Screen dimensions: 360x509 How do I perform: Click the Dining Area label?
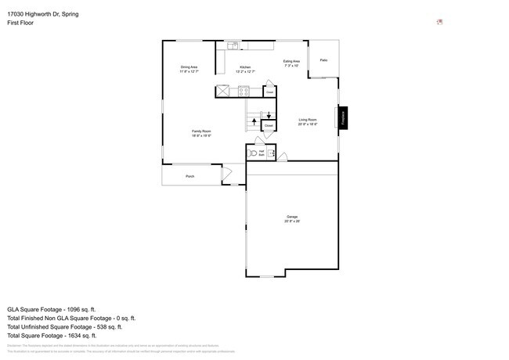(189, 70)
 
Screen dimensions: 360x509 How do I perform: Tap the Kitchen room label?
(245, 70)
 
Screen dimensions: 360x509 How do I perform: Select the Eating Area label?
(291, 63)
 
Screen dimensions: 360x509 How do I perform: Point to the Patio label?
(323, 60)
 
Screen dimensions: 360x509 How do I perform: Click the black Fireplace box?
(342, 117)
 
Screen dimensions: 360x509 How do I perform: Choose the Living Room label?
(307, 121)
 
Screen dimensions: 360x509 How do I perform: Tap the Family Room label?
(202, 133)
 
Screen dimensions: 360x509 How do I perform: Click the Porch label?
(190, 177)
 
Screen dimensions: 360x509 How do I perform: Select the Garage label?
(291, 218)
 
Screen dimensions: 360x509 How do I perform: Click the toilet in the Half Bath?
(252, 153)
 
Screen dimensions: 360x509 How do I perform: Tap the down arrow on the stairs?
(269, 116)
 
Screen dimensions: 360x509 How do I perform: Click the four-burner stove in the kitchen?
(244, 91)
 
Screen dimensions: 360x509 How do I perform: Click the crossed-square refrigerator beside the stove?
(225, 91)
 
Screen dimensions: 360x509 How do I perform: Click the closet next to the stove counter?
(269, 92)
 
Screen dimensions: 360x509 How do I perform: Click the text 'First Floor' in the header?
(20, 23)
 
